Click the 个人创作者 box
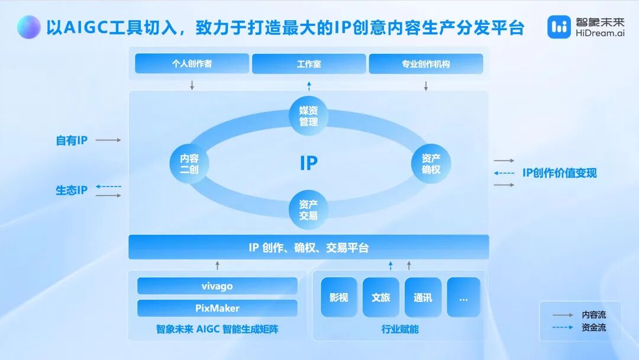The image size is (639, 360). click(x=192, y=63)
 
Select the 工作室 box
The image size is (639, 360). click(x=309, y=64)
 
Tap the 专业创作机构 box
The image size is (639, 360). click(x=426, y=64)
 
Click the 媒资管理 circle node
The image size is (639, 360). click(x=308, y=116)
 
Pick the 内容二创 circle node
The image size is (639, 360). click(x=189, y=163)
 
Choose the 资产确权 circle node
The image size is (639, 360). click(x=431, y=163)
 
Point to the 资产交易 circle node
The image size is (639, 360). click(x=308, y=210)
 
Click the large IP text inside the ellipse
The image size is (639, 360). click(x=308, y=163)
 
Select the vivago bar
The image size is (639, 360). click(x=217, y=286)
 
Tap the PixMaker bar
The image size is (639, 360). click(x=217, y=308)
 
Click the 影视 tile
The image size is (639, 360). click(x=339, y=297)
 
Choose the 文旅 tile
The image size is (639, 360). click(x=380, y=297)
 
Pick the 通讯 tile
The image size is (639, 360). click(x=423, y=297)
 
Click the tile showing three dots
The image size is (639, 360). click(x=464, y=297)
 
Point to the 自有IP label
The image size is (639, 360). click(x=72, y=140)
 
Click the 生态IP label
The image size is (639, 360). click(x=72, y=190)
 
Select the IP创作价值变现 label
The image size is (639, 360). click(x=560, y=173)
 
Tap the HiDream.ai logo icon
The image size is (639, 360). click(x=559, y=27)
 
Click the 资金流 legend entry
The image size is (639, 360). click(x=579, y=327)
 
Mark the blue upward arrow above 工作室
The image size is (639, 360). click(x=309, y=86)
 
